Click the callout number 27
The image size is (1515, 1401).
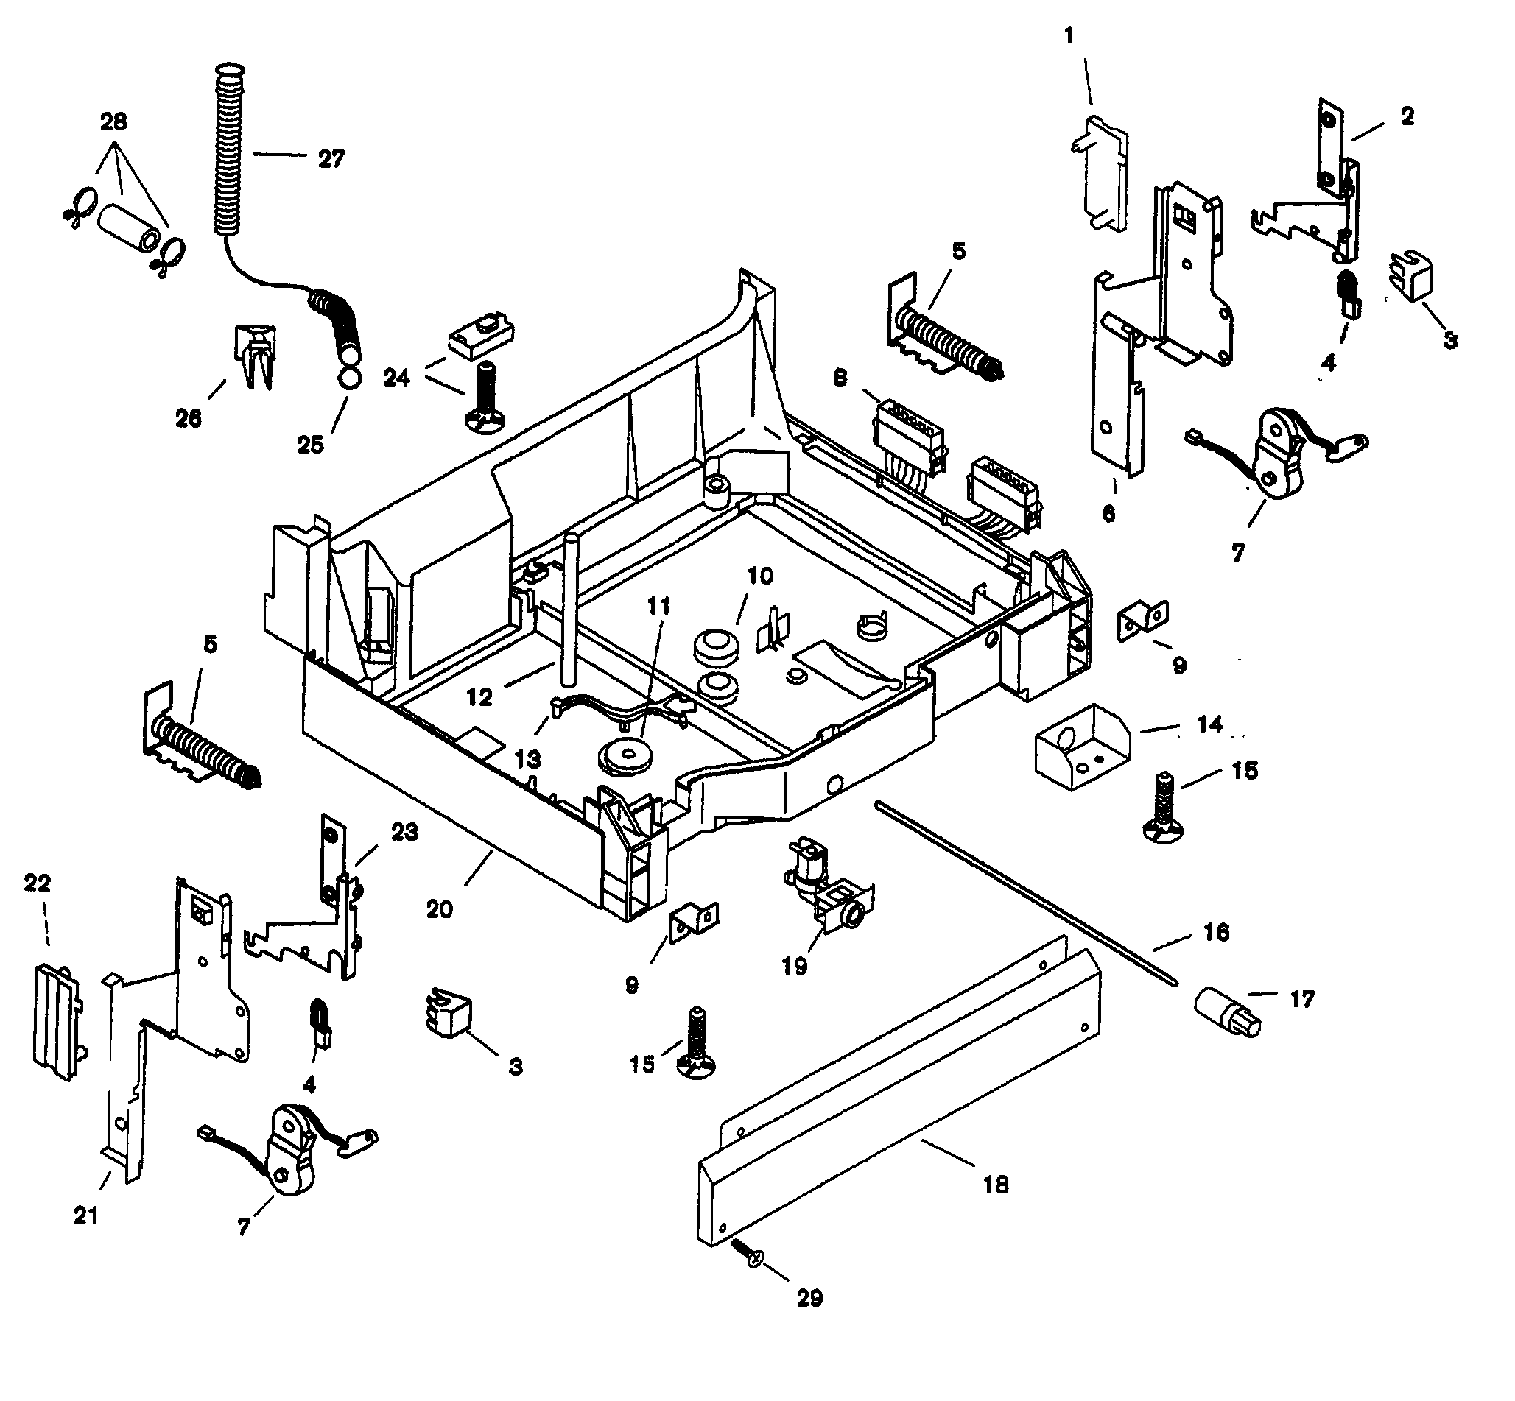click(331, 158)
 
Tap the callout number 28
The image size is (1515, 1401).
click(113, 121)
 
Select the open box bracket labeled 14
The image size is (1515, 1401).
click(1083, 745)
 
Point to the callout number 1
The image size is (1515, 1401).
click(1069, 35)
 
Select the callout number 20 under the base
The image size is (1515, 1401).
click(440, 909)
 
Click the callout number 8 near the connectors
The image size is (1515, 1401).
click(840, 377)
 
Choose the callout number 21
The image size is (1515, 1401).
click(85, 1215)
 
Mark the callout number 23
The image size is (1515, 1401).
click(404, 832)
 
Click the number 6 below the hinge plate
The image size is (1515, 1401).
click(1108, 513)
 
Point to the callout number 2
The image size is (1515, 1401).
click(1407, 117)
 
